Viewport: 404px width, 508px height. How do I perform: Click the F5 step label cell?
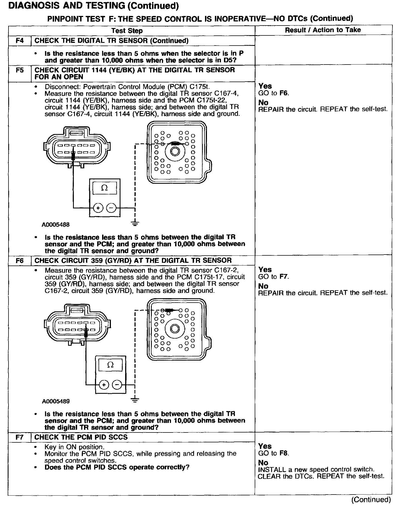click(x=20, y=70)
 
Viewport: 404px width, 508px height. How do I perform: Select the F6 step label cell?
click(x=20, y=261)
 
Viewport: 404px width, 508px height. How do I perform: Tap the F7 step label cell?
click(x=20, y=437)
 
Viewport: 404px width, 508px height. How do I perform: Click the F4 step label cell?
click(x=20, y=41)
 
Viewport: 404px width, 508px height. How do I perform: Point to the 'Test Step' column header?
click(x=127, y=31)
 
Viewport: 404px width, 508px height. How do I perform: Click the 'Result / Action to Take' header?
click(x=323, y=30)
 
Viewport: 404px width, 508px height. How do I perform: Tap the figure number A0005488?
click(x=55, y=225)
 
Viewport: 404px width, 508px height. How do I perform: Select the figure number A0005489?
click(x=56, y=401)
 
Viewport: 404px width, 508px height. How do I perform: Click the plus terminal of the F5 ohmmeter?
click(x=97, y=208)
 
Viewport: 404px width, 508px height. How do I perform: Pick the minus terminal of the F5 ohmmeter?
click(x=111, y=208)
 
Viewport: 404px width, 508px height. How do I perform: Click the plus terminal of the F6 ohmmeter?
click(x=104, y=385)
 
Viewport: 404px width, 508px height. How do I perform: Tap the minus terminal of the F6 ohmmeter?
click(x=117, y=385)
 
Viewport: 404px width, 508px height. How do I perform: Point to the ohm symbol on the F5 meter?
click(x=105, y=188)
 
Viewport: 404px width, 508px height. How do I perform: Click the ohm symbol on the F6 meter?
click(x=111, y=365)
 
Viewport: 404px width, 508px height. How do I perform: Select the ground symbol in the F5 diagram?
click(x=135, y=224)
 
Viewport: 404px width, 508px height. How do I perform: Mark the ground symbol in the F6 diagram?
click(x=135, y=400)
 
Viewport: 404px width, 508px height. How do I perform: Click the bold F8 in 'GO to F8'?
click(x=284, y=453)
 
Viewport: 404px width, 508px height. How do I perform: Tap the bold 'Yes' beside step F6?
click(x=265, y=270)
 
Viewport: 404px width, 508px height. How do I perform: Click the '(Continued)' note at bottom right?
click(x=371, y=499)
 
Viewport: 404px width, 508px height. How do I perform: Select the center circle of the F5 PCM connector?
click(x=175, y=151)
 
